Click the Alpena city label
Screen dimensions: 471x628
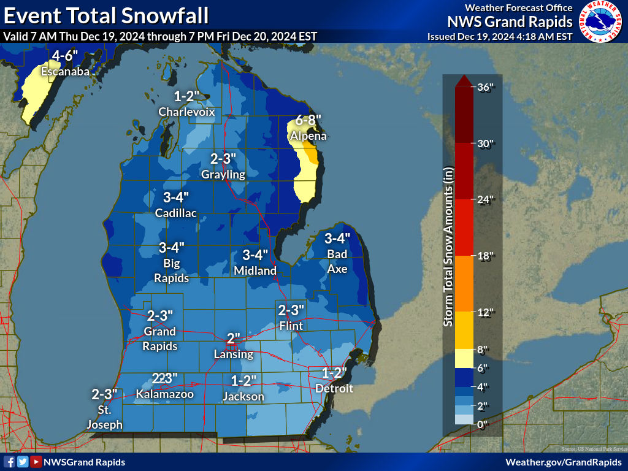(x=308, y=136)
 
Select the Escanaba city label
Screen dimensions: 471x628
(x=65, y=72)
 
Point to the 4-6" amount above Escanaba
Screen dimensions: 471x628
(x=65, y=56)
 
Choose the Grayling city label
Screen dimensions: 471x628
(x=223, y=174)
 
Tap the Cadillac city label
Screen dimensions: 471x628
(x=176, y=213)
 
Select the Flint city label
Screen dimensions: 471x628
(x=291, y=326)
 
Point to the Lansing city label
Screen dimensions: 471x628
(x=233, y=354)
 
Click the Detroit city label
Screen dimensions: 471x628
(x=334, y=388)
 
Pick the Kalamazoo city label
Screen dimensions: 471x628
(x=165, y=394)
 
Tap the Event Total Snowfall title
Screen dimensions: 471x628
(x=105, y=14)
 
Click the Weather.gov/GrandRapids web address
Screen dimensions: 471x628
(x=564, y=462)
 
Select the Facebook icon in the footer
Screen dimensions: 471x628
(x=10, y=462)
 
